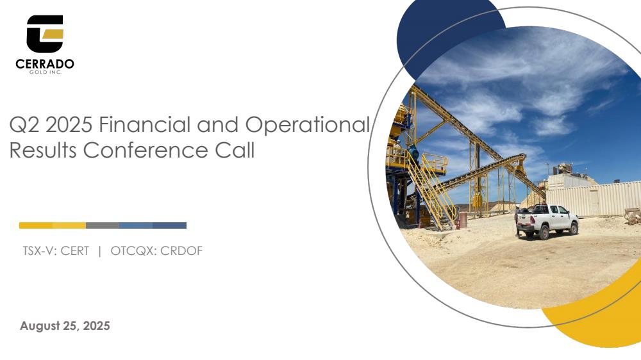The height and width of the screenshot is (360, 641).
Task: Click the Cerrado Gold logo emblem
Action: (x=45, y=33)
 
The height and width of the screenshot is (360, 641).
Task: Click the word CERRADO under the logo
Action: (x=45, y=64)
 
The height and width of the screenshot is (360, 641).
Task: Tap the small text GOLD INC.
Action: (x=45, y=72)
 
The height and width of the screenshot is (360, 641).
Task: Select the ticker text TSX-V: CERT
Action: (x=56, y=251)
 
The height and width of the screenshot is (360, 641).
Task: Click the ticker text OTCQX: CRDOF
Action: (x=156, y=251)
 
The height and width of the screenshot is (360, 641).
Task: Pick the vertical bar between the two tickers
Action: (x=100, y=251)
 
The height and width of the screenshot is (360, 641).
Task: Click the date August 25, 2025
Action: (x=65, y=325)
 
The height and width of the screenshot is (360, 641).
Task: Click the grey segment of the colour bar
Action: (x=103, y=225)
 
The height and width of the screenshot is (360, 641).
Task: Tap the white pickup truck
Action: (x=547, y=222)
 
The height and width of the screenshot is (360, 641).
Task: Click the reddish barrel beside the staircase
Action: (x=463, y=220)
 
